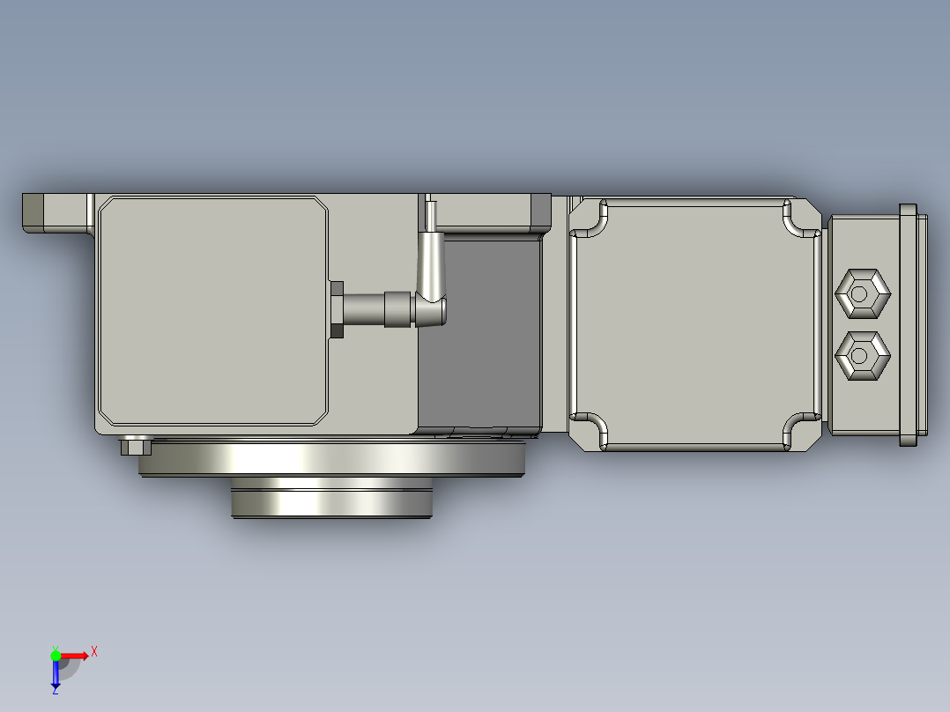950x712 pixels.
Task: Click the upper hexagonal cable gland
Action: click(x=863, y=293)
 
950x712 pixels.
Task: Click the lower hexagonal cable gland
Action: click(x=863, y=356)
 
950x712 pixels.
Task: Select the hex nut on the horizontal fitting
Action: click(x=336, y=309)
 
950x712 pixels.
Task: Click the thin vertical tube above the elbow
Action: click(x=431, y=216)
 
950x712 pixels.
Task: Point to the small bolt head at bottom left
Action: click(x=135, y=446)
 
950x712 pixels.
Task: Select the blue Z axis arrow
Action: click(x=56, y=675)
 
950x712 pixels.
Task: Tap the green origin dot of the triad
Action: click(x=56, y=655)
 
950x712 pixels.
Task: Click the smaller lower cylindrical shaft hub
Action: click(x=331, y=500)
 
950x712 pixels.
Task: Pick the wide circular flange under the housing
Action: click(x=331, y=458)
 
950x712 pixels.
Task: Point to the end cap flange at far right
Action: click(x=908, y=324)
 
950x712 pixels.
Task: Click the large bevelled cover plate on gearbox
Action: click(x=212, y=310)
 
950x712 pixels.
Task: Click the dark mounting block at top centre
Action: click(x=540, y=210)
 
